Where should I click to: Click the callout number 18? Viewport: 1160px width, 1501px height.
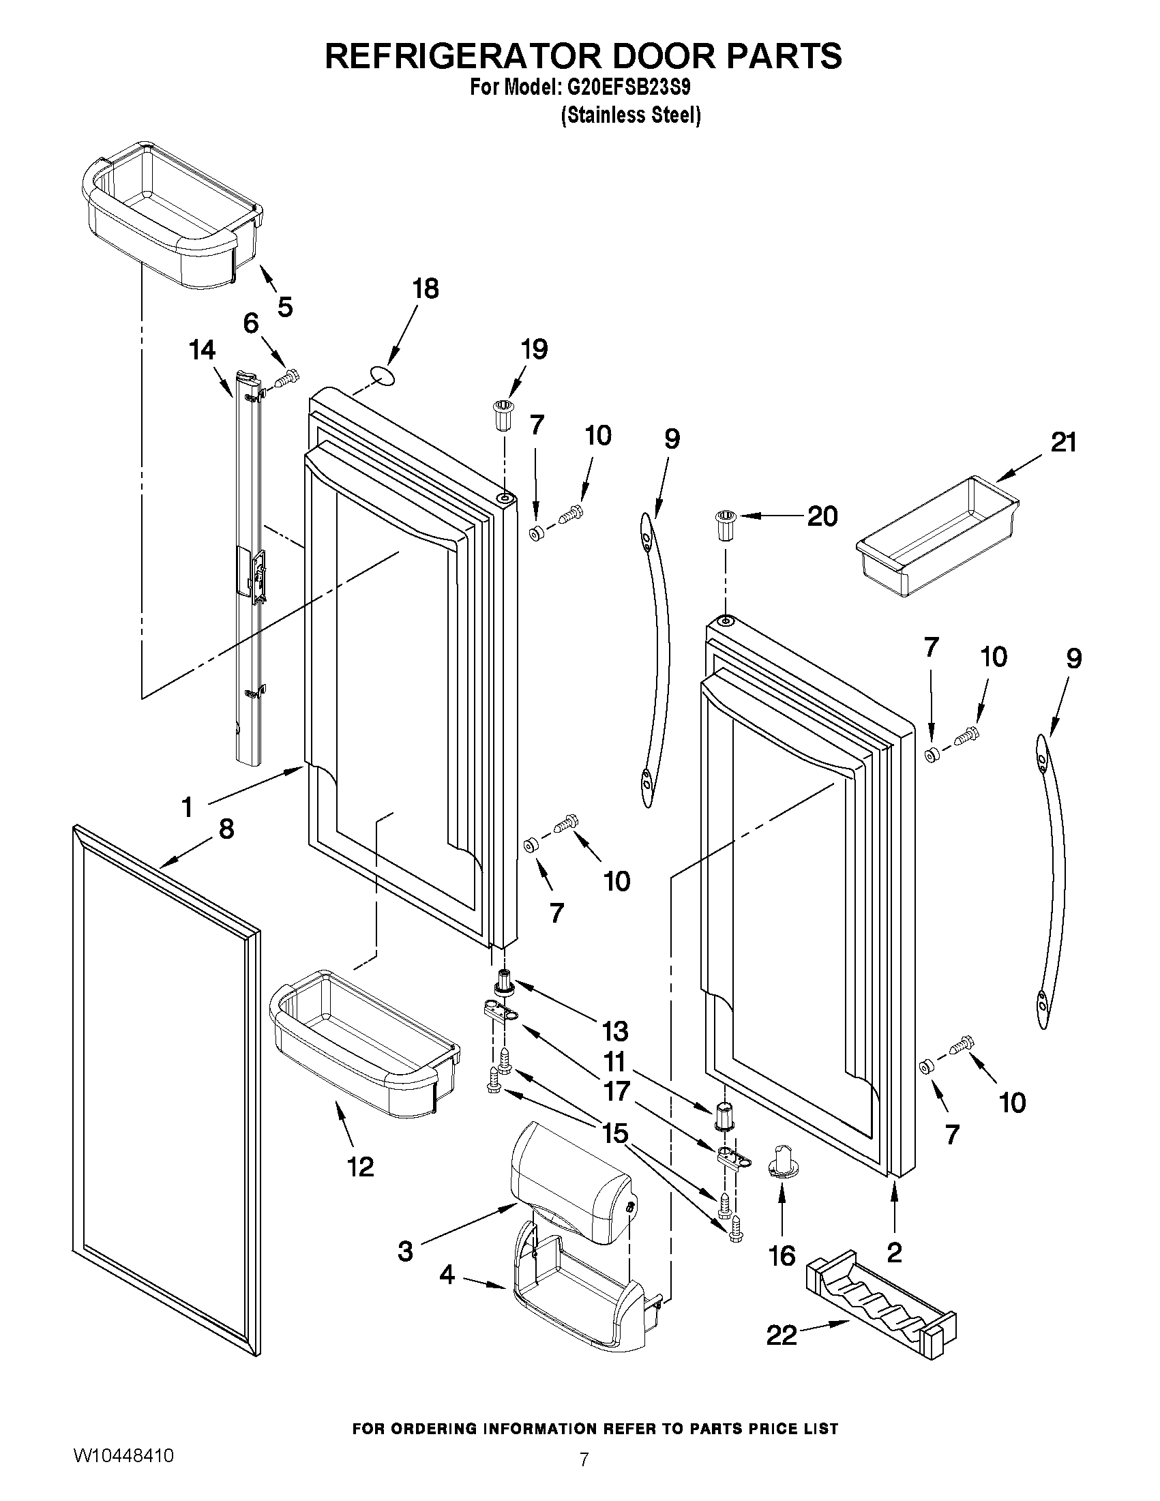click(x=426, y=288)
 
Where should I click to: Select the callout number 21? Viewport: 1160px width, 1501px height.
click(x=1064, y=442)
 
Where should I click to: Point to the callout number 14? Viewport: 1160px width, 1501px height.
click(x=203, y=351)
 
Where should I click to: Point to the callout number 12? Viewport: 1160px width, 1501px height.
click(x=360, y=1166)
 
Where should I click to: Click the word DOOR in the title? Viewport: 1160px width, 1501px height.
click(x=659, y=56)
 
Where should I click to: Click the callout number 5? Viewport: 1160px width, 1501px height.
click(x=284, y=306)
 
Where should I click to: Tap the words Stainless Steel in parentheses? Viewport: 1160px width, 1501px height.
click(x=631, y=115)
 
